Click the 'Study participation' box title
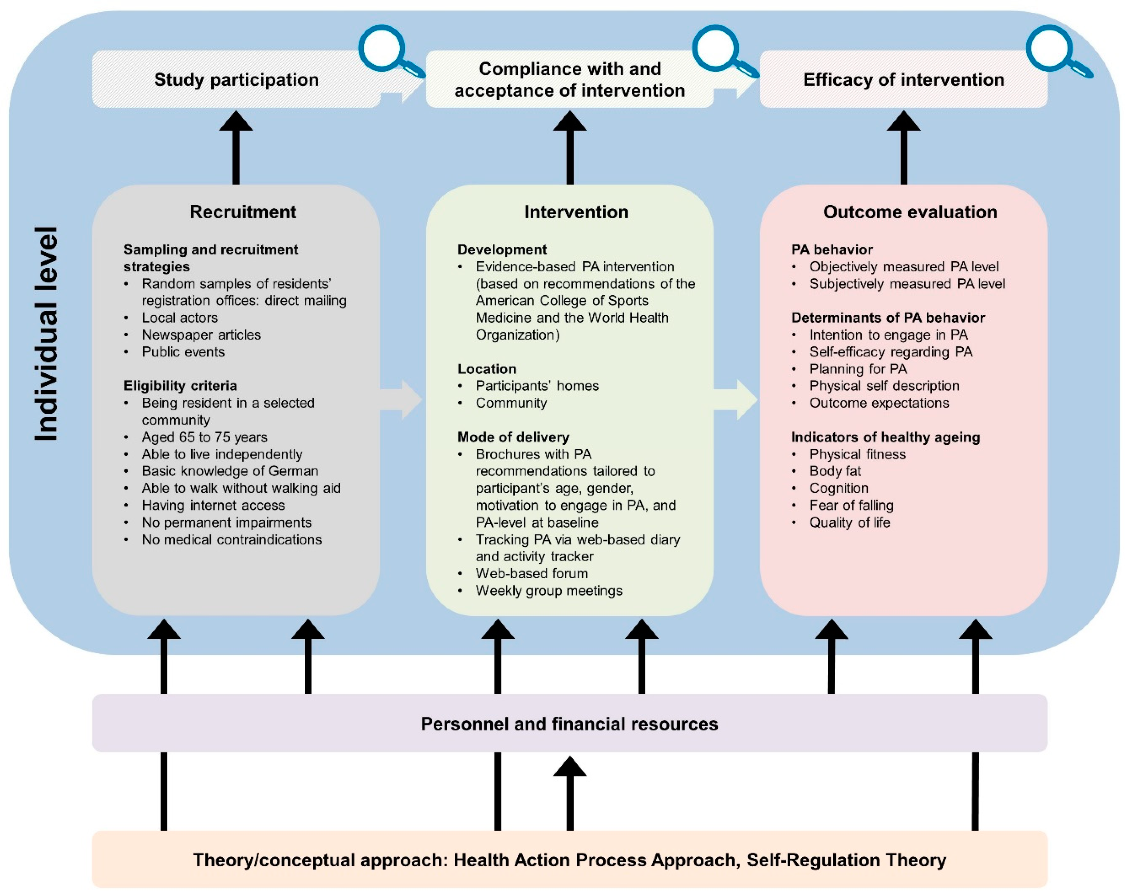click(x=236, y=80)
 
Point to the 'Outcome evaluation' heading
click(x=910, y=212)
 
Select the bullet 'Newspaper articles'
click(x=201, y=334)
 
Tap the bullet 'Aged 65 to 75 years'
click(x=205, y=437)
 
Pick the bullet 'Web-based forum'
click(x=532, y=573)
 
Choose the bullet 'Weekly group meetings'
click(x=549, y=591)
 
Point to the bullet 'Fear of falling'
click(x=851, y=505)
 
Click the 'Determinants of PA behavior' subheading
click(x=888, y=318)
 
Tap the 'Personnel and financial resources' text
click(x=569, y=724)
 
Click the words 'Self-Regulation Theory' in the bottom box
click(x=846, y=860)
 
